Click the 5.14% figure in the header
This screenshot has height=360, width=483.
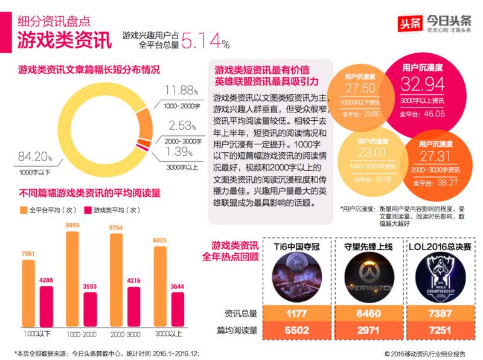coord(206,41)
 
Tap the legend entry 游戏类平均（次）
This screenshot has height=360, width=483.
coord(115,210)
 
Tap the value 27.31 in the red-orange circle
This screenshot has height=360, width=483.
coord(435,156)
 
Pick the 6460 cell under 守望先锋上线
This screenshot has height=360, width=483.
coord(367,313)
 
